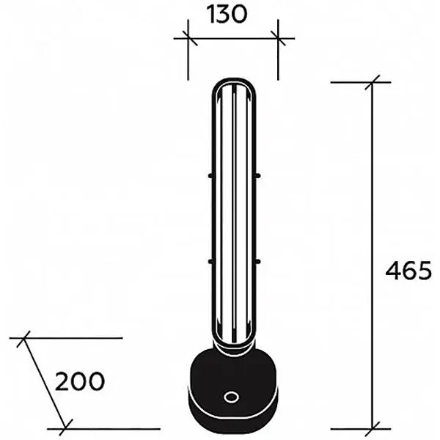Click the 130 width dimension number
coord(227,15)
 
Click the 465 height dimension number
coord(408,271)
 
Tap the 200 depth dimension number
coord(80,381)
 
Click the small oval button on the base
coord(232,397)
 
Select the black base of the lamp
coord(232,390)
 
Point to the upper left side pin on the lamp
coord(210,176)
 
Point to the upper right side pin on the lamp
coord(258,176)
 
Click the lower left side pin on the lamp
coord(210,262)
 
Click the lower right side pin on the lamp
coord(258,262)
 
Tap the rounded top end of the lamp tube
coord(234,80)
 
